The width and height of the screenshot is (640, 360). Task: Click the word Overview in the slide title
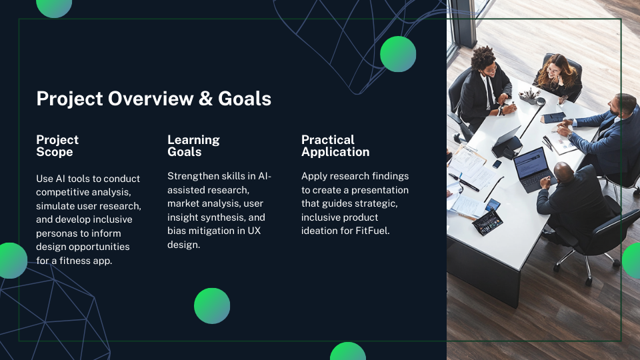point(151,99)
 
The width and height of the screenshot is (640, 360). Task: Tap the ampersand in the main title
point(206,99)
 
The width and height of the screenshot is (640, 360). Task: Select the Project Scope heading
point(57,146)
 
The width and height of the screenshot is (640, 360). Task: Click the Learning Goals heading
point(193,146)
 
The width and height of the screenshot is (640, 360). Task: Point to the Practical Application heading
point(335,146)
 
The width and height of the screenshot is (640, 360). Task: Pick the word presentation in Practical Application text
point(379,190)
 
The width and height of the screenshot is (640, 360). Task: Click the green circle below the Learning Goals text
point(212,306)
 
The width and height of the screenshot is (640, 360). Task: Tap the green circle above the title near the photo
point(398,54)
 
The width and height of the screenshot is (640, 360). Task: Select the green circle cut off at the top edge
point(54,7)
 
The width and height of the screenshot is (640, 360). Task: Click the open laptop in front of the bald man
point(533,169)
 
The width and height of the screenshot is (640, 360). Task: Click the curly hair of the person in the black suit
point(483,58)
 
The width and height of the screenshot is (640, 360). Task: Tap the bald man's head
point(565,172)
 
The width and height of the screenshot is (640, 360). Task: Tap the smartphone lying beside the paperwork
point(497,164)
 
